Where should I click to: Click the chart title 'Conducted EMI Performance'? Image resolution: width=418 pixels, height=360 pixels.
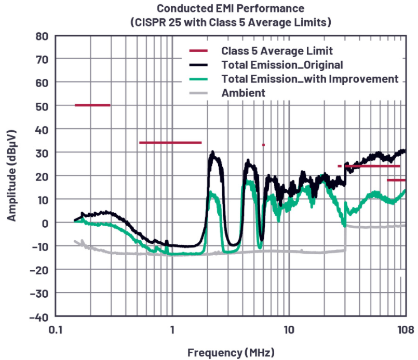pyautogui.click(x=231, y=8)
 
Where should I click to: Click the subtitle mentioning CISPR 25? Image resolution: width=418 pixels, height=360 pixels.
pyautogui.click(x=231, y=22)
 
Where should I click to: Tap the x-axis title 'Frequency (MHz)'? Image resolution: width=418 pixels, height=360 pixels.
pyautogui.click(x=231, y=353)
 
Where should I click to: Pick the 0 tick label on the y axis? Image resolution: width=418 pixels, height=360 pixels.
pyautogui.click(x=45, y=223)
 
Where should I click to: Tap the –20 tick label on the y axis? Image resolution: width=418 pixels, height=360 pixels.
pyautogui.click(x=39, y=270)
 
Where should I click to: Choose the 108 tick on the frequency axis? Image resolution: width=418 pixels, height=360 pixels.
pyautogui.click(x=404, y=329)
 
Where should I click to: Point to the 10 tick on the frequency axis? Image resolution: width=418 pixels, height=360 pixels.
pyautogui.click(x=289, y=329)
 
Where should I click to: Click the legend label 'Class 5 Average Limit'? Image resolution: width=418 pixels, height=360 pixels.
pyautogui.click(x=277, y=51)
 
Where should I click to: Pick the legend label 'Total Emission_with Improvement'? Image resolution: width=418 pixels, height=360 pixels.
pyautogui.click(x=309, y=79)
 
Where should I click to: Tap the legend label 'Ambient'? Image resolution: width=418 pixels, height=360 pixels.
pyautogui.click(x=243, y=93)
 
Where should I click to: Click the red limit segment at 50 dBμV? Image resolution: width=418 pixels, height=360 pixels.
pyautogui.click(x=92, y=105)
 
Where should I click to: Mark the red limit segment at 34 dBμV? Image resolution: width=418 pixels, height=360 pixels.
pyautogui.click(x=170, y=142)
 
